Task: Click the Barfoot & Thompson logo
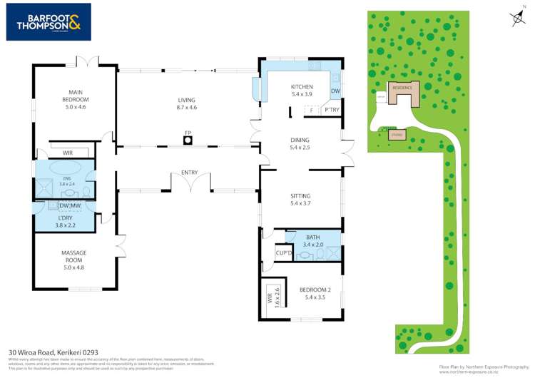pos(49,22)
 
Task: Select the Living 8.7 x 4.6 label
pos(186,103)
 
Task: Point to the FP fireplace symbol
pos(188,139)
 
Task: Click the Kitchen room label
pos(302,91)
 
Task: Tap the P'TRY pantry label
pos(331,111)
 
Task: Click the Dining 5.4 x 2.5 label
pos(300,144)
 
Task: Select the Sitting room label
pos(300,199)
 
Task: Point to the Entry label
pos(189,173)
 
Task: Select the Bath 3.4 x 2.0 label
pos(312,241)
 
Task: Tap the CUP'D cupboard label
pos(283,253)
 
